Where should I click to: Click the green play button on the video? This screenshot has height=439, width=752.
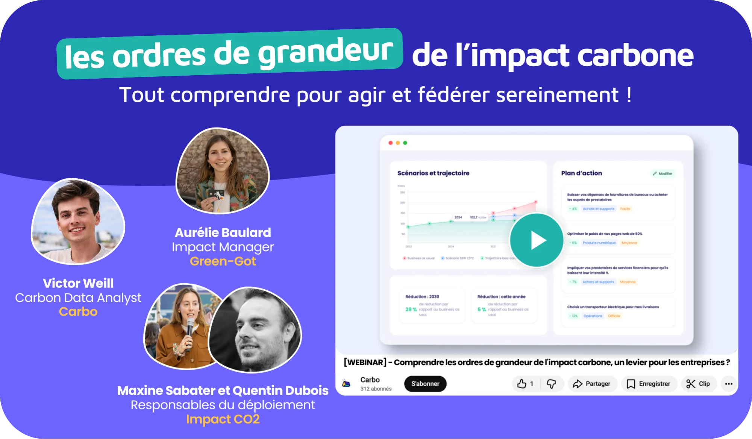click(x=537, y=240)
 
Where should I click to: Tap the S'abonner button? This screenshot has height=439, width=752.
click(x=425, y=384)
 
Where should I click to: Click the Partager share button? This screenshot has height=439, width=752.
click(x=592, y=384)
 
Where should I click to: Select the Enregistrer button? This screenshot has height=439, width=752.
click(x=649, y=384)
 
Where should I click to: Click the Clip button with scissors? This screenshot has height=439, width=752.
click(x=698, y=384)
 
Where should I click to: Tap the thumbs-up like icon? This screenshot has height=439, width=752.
click(x=522, y=384)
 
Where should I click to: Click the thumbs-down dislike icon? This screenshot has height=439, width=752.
click(x=551, y=384)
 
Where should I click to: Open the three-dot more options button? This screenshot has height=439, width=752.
click(x=729, y=384)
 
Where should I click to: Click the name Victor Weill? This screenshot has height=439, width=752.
click(x=78, y=283)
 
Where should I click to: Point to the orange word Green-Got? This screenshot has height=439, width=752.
click(x=223, y=261)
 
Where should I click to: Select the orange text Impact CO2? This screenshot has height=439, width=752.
click(x=223, y=419)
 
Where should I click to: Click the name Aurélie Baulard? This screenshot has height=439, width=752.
click(x=223, y=232)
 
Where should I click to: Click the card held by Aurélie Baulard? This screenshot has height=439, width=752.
click(x=216, y=195)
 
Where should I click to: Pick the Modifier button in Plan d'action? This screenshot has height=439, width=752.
click(x=663, y=173)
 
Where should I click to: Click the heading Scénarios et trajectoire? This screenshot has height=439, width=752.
click(x=433, y=173)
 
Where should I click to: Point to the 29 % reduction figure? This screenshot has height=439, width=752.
click(x=411, y=309)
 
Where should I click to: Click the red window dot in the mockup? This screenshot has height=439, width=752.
click(x=391, y=143)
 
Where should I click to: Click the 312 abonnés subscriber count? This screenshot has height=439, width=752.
click(x=376, y=389)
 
